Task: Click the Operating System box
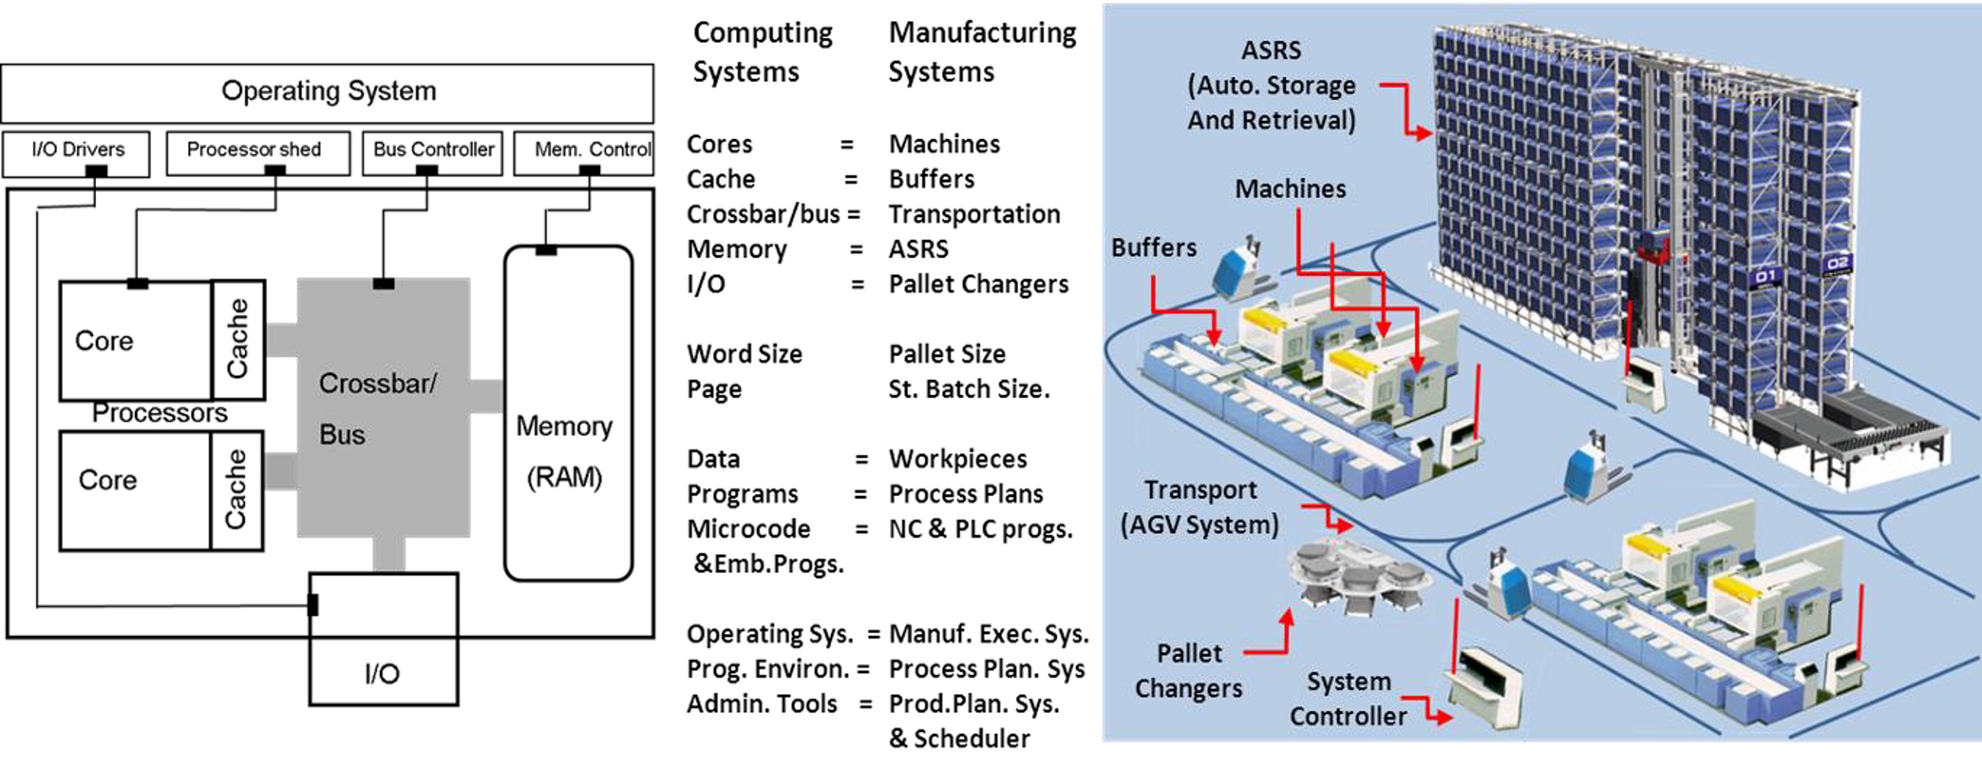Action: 328,93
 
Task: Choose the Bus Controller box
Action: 432,151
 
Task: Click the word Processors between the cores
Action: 159,414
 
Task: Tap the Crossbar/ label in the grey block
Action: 378,383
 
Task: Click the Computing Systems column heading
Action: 762,52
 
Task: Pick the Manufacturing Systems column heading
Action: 982,52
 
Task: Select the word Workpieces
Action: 958,459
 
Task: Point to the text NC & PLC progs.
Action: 980,529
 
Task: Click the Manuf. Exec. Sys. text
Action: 989,635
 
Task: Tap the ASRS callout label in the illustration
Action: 1271,85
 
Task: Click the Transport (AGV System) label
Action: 1200,508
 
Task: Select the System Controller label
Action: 1348,699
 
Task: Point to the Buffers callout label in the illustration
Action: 1154,248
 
